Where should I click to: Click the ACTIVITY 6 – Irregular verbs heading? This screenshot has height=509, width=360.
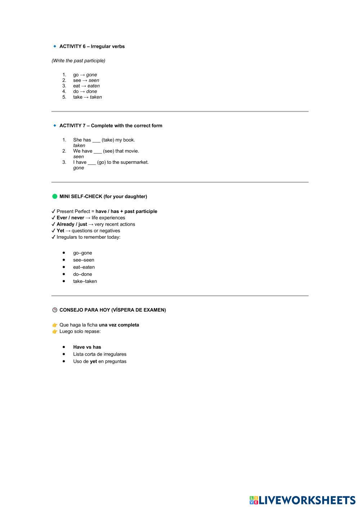point(92,46)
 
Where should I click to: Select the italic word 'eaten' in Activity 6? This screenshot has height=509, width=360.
point(94,86)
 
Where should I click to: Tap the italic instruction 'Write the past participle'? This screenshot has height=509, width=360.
point(78,61)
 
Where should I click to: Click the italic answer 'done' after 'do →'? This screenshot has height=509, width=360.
point(91,91)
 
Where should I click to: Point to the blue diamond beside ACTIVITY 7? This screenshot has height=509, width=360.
point(55,126)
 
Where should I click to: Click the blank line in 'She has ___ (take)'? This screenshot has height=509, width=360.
point(96,140)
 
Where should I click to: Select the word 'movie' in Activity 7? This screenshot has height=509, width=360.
point(132,151)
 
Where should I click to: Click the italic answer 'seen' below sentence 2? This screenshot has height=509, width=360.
point(78,157)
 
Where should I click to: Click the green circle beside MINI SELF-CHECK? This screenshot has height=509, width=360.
point(55,197)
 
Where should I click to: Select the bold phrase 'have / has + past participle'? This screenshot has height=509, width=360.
point(126,212)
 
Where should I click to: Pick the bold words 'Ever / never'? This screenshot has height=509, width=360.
point(70,218)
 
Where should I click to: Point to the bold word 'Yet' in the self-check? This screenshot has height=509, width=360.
point(60,231)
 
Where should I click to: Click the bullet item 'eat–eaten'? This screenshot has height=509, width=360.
point(84,267)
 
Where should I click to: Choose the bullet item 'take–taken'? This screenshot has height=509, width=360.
point(85,281)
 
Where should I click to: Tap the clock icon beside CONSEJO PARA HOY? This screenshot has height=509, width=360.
point(55,310)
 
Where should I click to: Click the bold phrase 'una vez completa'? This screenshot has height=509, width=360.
point(119,325)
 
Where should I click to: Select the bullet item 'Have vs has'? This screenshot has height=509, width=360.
point(87,347)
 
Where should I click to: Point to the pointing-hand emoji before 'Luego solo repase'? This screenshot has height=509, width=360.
point(55,332)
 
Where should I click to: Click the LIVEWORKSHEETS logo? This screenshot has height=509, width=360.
point(302,500)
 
